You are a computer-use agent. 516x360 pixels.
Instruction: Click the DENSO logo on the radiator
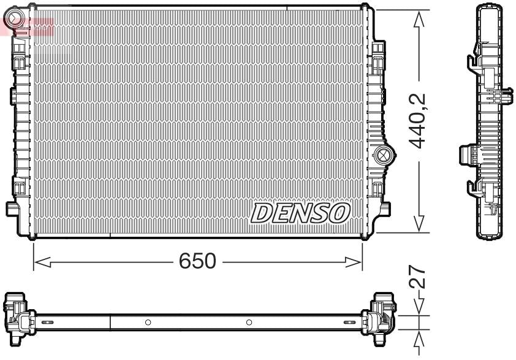pyautogui.click(x=300, y=212)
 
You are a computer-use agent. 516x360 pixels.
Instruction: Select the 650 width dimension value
pyautogui.click(x=197, y=261)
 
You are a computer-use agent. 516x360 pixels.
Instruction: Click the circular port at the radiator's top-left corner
pyautogui.click(x=18, y=17)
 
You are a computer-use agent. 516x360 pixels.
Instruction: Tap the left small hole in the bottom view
pyautogui.click(x=148, y=322)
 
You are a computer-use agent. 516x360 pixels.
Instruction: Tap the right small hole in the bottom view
pyautogui.click(x=249, y=322)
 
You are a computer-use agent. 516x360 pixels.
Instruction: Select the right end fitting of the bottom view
pyautogui.click(x=379, y=315)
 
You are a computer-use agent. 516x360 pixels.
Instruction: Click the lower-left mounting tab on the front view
pyautogui.click(x=13, y=209)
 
